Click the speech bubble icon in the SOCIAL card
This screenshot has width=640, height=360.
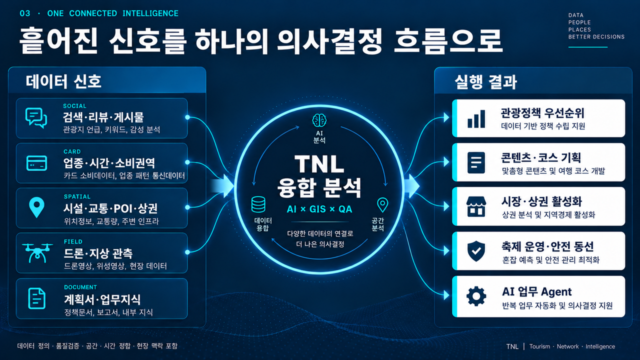point(36,118)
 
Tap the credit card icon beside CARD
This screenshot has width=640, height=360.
point(36,163)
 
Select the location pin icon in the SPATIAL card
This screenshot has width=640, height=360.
point(37,207)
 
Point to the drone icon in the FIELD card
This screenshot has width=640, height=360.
point(37,253)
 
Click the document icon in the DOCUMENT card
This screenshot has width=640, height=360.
point(37,298)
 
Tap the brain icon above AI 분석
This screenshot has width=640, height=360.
point(319,120)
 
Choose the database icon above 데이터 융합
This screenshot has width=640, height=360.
point(258,204)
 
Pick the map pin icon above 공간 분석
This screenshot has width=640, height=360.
point(382,205)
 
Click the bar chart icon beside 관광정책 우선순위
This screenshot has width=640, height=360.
point(476,119)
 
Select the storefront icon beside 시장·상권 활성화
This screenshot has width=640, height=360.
point(476,206)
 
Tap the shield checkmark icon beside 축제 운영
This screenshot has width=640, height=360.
point(476,251)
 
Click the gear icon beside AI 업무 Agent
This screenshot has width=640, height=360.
point(476,296)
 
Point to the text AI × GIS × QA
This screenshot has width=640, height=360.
point(319,209)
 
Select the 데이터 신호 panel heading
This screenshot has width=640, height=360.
point(63,81)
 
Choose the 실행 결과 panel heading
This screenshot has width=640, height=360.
point(485,82)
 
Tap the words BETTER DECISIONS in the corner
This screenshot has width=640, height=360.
point(596,37)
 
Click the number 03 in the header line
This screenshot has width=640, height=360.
point(25,13)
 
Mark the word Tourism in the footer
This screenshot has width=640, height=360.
point(539,346)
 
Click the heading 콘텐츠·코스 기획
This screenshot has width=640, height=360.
point(541,157)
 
